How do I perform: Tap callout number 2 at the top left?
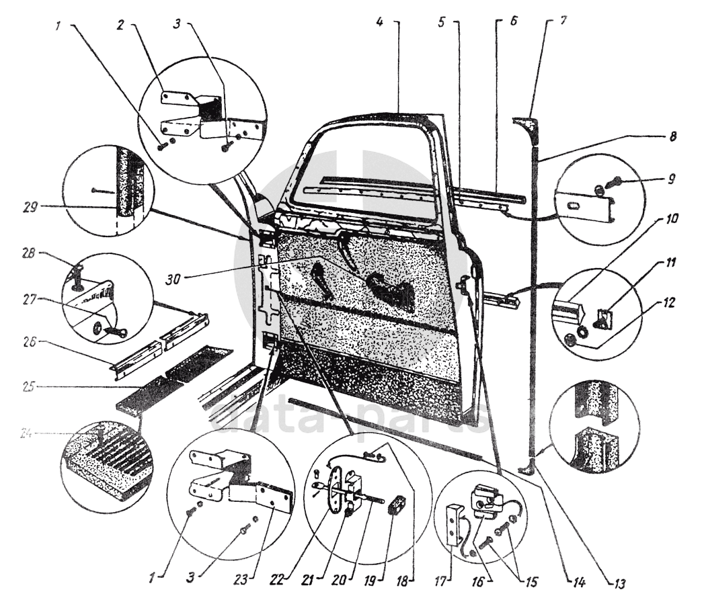[x=120, y=24]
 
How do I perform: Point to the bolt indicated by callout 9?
[x=615, y=181]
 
